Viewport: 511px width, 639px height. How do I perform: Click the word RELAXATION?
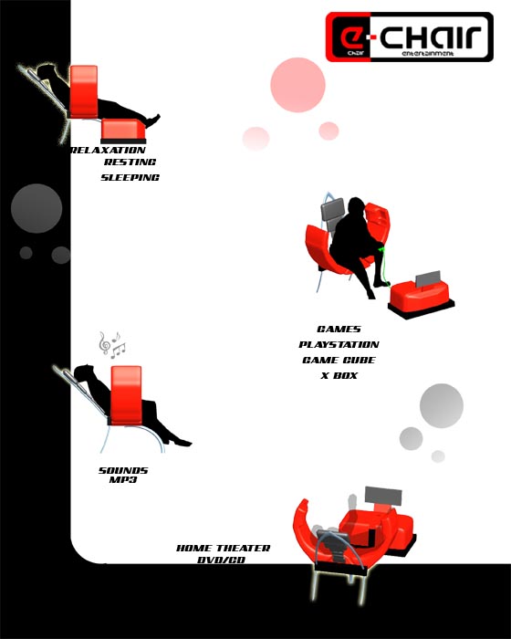point(108,150)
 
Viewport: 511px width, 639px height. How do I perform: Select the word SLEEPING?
point(130,178)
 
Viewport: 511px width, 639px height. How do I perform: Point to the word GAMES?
point(339,330)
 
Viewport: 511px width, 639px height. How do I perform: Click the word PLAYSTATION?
point(339,345)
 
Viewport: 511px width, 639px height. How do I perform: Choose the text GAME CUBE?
point(339,361)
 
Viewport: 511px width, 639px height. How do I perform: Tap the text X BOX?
point(339,376)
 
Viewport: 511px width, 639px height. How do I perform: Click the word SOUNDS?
point(123,470)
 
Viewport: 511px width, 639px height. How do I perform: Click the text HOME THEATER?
point(224,549)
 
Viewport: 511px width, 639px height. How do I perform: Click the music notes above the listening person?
point(112,344)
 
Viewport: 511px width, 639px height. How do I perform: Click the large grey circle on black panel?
point(36,208)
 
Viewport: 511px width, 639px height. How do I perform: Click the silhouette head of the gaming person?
point(353,209)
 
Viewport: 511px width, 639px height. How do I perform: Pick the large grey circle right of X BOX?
point(442,405)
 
